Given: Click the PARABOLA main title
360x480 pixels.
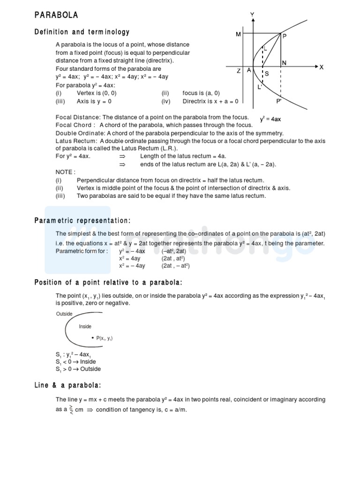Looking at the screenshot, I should click(x=56, y=15).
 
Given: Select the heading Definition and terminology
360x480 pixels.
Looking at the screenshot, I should click(x=82, y=32).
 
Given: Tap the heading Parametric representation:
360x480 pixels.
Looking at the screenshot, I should click(x=82, y=221).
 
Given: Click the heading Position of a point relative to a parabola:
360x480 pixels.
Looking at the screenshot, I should click(x=108, y=282).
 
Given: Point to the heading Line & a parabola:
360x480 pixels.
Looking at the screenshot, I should click(x=68, y=385).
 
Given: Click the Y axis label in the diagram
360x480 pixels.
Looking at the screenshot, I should click(x=252, y=15).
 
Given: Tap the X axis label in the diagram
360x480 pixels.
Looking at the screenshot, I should click(x=322, y=67).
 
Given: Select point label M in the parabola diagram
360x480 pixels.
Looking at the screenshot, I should click(x=239, y=35).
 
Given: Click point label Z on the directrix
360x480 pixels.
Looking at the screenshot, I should click(x=239, y=71).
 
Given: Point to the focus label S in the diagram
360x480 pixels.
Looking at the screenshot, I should click(x=267, y=74).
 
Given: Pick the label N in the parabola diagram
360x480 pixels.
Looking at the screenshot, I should click(x=284, y=63).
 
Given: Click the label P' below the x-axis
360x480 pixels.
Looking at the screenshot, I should click(x=279, y=101).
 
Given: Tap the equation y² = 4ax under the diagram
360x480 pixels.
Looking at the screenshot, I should click(x=270, y=120).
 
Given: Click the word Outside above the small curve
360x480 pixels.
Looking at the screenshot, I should click(x=64, y=314).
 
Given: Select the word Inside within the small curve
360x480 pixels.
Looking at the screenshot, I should click(x=85, y=326).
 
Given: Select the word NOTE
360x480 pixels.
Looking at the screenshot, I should click(x=65, y=172).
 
